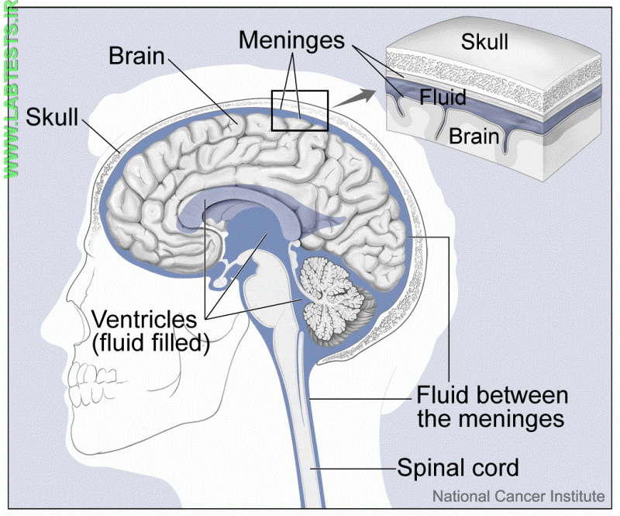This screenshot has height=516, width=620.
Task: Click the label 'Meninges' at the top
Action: point(291,40)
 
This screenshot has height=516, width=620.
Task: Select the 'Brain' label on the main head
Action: point(137,56)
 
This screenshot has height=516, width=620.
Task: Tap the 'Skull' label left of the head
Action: point(53,117)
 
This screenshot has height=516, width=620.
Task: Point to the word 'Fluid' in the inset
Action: point(443,98)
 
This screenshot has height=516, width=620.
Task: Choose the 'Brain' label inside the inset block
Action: point(474,136)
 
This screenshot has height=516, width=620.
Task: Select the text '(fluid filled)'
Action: point(151,342)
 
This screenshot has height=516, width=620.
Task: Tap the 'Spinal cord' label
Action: point(457,469)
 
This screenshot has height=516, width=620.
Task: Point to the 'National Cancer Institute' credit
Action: point(518,495)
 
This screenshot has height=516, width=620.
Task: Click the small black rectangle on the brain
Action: point(299,110)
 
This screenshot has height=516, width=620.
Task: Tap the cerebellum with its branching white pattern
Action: point(336,295)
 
